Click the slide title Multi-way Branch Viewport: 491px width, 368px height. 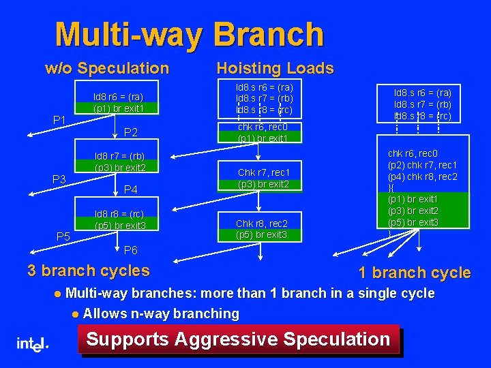coord(189,33)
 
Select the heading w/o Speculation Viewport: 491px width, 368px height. coord(106,68)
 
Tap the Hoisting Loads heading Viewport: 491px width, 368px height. coord(275,68)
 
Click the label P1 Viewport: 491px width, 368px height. coord(59,121)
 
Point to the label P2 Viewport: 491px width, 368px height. coord(131,132)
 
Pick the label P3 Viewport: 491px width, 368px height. coord(59,179)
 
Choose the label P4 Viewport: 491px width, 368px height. coord(131,189)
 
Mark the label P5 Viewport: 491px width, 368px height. coord(63,236)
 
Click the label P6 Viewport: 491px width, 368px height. coord(131,250)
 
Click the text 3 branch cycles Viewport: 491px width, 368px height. coord(89,271)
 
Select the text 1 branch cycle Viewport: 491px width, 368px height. coord(415,273)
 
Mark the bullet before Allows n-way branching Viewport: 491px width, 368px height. coord(74,314)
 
